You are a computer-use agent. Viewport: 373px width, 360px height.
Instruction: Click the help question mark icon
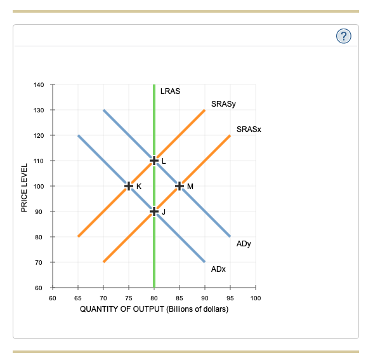343,36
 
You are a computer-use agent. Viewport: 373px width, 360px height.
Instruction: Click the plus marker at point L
154,161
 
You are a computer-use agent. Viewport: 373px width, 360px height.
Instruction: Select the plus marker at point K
129,186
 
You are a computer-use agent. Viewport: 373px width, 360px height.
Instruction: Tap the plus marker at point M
180,186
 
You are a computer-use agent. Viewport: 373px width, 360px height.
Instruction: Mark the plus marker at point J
154,211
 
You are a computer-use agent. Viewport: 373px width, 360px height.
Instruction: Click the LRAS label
171,91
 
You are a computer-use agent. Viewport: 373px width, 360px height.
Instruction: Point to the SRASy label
223,103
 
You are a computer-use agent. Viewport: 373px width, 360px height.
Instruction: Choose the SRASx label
249,129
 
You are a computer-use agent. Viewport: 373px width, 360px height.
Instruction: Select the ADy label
244,243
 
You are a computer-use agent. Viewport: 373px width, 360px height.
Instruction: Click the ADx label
218,269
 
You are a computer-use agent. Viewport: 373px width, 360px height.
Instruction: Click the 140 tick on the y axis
39,84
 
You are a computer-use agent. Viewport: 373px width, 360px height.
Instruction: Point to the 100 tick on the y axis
39,186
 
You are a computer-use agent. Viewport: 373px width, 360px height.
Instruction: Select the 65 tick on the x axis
78,297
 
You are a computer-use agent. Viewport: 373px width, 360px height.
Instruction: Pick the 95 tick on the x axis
230,297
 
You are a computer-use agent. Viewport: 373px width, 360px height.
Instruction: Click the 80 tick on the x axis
154,297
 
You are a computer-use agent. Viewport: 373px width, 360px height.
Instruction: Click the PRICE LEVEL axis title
24,188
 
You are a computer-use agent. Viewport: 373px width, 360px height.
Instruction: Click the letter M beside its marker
190,186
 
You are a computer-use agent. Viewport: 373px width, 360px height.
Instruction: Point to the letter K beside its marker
139,186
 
